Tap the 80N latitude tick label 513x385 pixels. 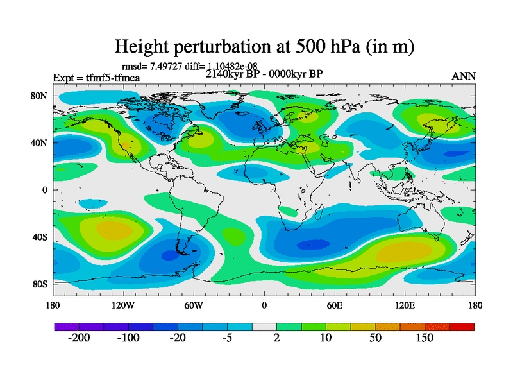pos(40,96)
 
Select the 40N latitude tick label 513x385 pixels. pos(40,142)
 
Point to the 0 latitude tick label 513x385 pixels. pos(46,190)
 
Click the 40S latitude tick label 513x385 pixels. pos(40,237)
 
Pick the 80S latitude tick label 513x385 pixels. pos(40,284)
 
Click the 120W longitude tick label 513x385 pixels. pos(122,305)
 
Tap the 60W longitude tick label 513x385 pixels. pos(193,305)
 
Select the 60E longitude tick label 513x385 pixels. pos(334,305)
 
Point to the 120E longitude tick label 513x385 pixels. pos(405,305)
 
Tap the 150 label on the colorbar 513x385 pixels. pos(425,338)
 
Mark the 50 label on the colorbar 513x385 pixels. pos(376,338)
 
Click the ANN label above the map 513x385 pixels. pos(464,76)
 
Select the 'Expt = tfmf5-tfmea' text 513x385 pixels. pos(96,78)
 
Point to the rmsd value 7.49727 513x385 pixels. pos(168,65)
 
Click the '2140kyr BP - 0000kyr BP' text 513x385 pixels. pos(264,74)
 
